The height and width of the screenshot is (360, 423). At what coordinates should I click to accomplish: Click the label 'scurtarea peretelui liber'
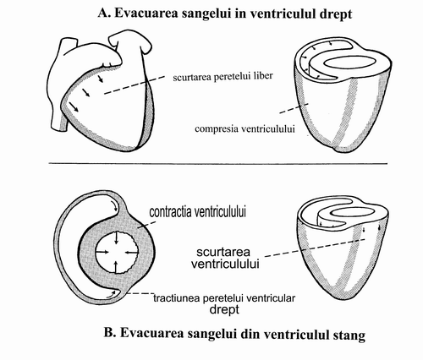(222, 77)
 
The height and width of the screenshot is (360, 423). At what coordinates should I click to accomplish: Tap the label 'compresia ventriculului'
(244, 129)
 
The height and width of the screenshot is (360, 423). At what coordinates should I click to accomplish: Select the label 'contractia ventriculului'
(197, 212)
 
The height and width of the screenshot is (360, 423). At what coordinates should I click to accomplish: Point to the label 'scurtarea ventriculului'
(225, 258)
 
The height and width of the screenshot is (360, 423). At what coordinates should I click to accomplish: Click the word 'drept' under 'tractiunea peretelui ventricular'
(224, 309)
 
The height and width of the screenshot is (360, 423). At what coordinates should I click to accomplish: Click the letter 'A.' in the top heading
(104, 14)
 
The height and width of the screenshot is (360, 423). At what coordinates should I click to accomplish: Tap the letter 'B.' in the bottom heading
(110, 333)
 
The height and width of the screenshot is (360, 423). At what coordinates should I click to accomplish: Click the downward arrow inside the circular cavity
(116, 237)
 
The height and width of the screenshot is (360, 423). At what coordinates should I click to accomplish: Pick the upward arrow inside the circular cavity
(116, 267)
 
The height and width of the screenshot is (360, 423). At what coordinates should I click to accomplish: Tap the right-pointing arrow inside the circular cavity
(102, 252)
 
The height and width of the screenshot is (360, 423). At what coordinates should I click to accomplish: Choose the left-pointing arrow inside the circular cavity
(131, 253)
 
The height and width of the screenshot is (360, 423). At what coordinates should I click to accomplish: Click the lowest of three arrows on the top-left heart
(74, 106)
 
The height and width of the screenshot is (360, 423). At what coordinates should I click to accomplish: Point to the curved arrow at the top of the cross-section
(114, 206)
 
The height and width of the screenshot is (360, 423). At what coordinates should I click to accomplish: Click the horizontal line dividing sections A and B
(218, 163)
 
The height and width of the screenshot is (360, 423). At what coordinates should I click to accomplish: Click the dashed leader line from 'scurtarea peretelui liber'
(135, 85)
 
